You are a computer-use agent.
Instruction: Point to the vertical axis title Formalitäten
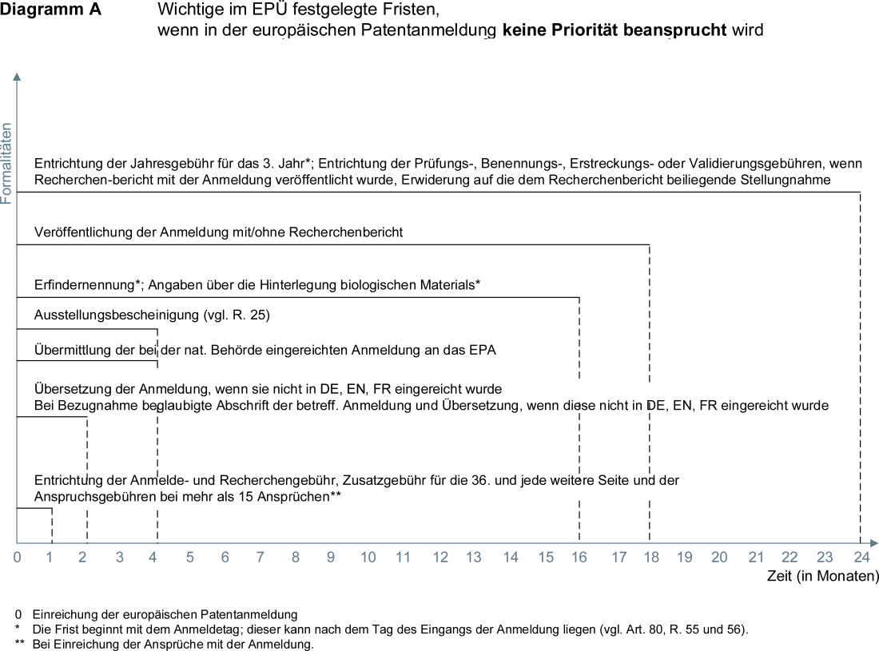7,163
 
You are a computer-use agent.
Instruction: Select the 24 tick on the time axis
860,558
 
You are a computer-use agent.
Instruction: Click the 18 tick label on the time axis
650,558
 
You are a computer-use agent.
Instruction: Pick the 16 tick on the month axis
579,558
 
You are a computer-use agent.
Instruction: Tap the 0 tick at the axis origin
18,558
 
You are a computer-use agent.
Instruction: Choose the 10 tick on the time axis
368,558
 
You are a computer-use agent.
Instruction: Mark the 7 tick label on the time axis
261,558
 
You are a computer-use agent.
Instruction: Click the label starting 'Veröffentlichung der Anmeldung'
218,232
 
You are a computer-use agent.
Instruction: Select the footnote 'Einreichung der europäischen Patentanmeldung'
165,614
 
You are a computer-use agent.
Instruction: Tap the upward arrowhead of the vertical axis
17,77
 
